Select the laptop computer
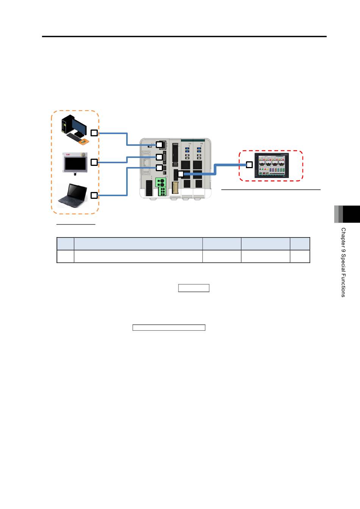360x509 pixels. (x=72, y=195)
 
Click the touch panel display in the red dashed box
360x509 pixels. (x=272, y=166)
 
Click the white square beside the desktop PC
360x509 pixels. (x=94, y=133)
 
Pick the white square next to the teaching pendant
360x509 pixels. (x=94, y=162)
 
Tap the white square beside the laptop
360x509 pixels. (x=94, y=195)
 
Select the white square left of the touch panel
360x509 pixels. (x=249, y=165)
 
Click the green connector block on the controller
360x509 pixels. (x=161, y=187)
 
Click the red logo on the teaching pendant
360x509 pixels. (x=68, y=155)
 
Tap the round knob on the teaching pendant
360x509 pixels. (x=84, y=154)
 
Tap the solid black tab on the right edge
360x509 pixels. (x=351, y=214)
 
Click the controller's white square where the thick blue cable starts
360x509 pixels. (x=181, y=174)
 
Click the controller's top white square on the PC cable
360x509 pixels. (x=159, y=145)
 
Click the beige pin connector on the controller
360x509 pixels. (x=175, y=188)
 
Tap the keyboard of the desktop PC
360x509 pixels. (x=75, y=137)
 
